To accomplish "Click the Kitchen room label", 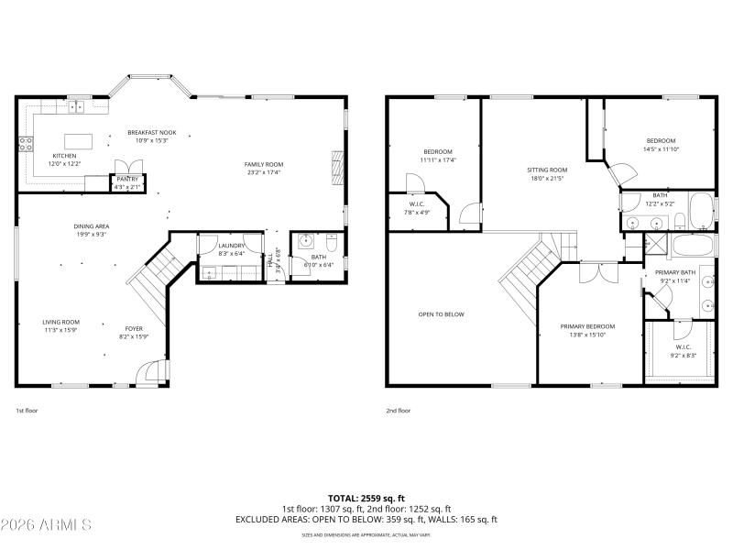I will pos(65,156).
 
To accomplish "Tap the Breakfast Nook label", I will pos(152,133).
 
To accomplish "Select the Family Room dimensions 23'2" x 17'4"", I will pos(264,172).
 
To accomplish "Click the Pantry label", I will pos(126,179).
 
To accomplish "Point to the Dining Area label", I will pos(92,225).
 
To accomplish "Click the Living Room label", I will pos(60,322).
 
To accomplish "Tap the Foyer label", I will pos(134,328).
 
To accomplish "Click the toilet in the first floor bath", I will pos(331,243).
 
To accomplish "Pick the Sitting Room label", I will pos(547,170).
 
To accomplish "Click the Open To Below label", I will pos(441,314).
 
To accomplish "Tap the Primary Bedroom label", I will pos(587,326).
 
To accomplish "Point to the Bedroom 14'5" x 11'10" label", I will pos(661,140).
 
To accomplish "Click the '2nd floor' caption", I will pos(398,412).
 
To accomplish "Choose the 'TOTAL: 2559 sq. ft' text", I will pos(366,498).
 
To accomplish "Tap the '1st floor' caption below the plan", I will pos(27,412).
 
